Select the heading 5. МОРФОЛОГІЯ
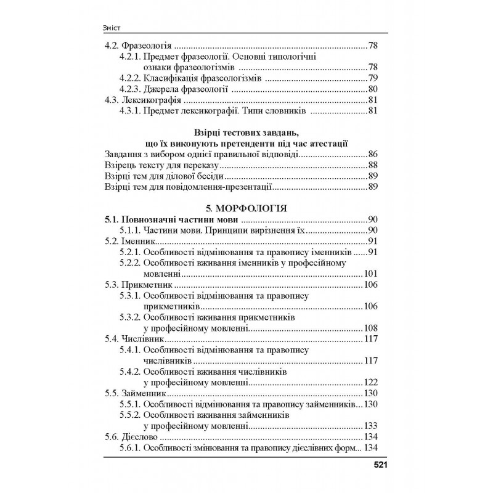(x=246, y=209)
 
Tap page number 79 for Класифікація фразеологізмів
(x=373, y=78)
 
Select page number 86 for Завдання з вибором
(x=373, y=154)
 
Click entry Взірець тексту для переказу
(x=163, y=165)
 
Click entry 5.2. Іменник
(x=126, y=241)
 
